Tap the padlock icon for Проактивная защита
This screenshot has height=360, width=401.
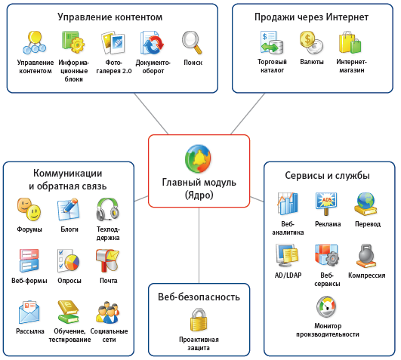click(x=199, y=322)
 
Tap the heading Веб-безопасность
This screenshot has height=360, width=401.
click(x=199, y=297)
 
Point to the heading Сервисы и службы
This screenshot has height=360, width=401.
click(x=327, y=176)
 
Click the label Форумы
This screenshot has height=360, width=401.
click(x=29, y=229)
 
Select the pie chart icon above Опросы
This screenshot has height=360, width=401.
click(x=69, y=261)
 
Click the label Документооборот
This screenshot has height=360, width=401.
click(x=153, y=66)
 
